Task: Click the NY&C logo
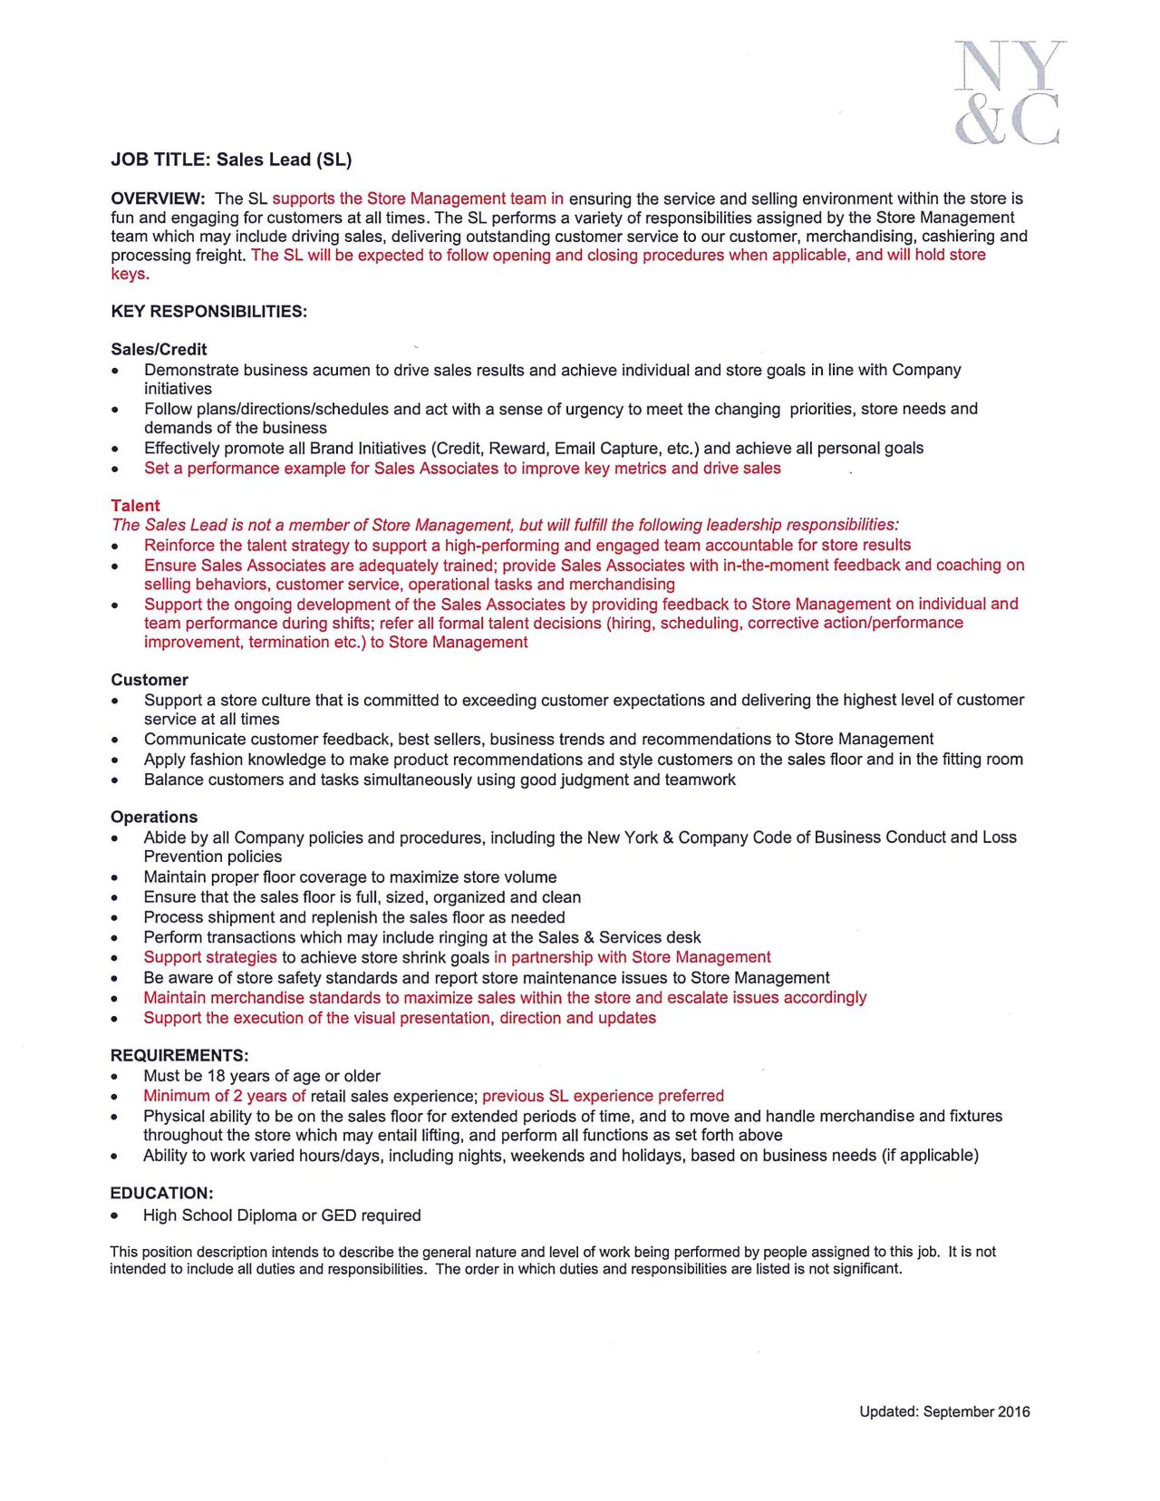click(1008, 92)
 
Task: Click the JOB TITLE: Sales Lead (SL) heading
click(231, 160)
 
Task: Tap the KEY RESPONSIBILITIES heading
click(208, 312)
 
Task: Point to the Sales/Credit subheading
click(159, 350)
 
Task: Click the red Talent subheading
click(135, 506)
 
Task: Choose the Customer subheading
click(150, 680)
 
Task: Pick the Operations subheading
click(154, 818)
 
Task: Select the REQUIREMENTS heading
click(179, 1056)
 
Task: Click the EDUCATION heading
click(161, 1194)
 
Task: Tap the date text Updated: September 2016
click(944, 1412)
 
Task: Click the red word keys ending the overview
click(129, 275)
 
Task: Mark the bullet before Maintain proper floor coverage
click(114, 878)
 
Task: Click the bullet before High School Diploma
click(114, 1216)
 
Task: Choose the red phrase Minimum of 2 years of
click(224, 1097)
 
